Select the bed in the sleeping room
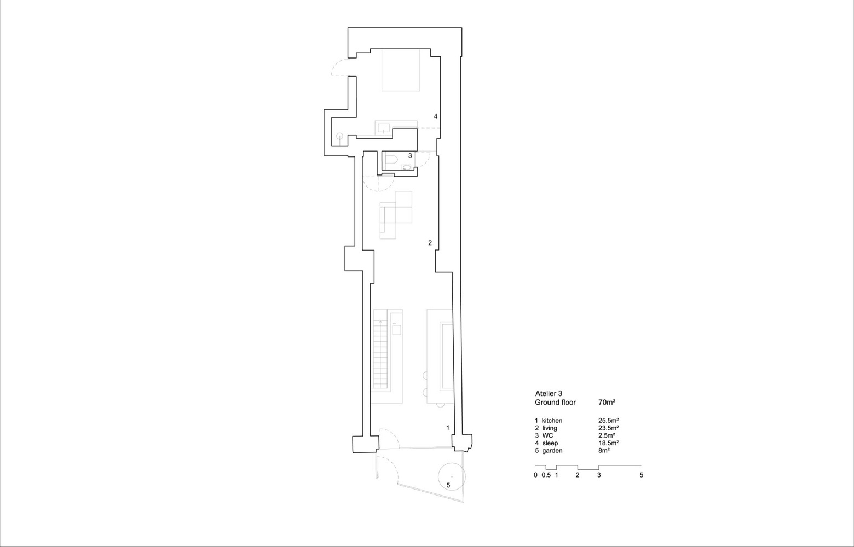point(401,69)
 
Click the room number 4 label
point(435,117)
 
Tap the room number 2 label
point(430,242)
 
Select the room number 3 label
point(409,156)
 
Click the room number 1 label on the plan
point(448,427)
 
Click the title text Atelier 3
point(548,393)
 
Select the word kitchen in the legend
point(552,421)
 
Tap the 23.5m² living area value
point(608,428)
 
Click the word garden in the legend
point(552,451)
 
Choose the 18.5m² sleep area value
point(608,443)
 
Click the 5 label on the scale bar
point(641,475)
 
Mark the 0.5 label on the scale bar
point(546,475)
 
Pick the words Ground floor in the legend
point(555,403)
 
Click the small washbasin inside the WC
point(406,167)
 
